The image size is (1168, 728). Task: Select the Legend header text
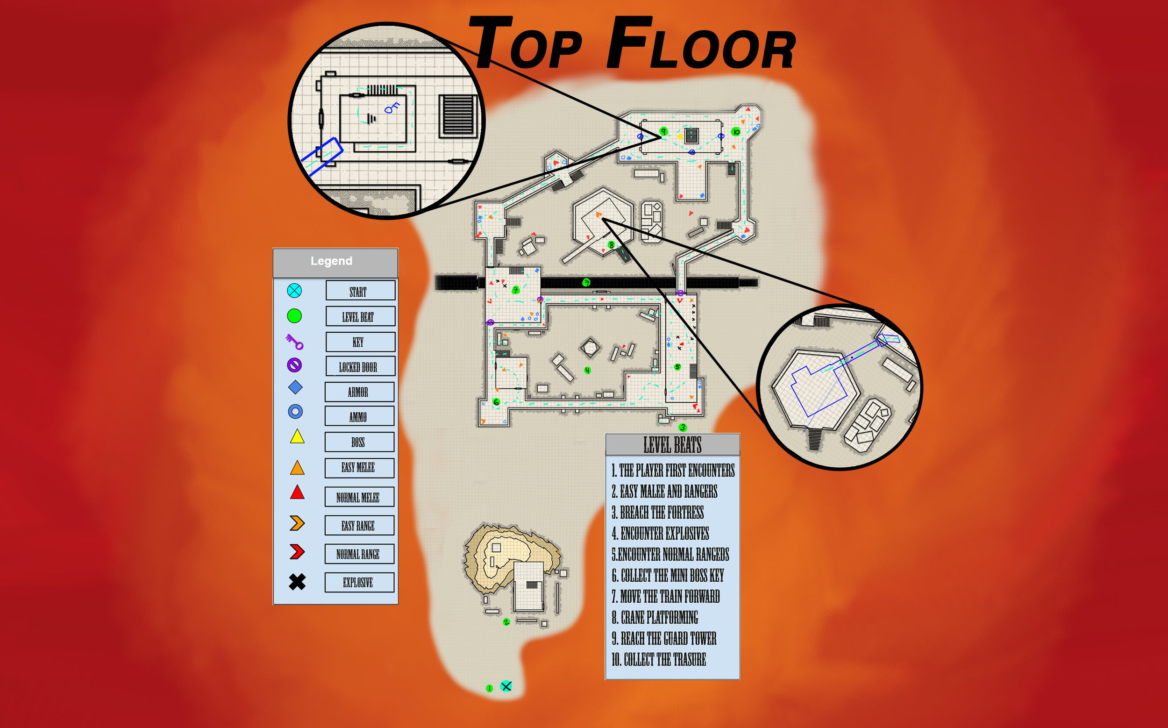tap(331, 261)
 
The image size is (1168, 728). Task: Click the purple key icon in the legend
tap(294, 342)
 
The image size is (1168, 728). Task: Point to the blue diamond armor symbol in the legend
tap(295, 387)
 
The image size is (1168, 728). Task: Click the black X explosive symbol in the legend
tap(297, 582)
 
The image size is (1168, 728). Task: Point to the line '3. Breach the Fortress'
tap(658, 513)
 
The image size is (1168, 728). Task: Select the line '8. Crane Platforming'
tap(655, 617)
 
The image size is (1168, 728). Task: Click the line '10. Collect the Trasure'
tap(659, 660)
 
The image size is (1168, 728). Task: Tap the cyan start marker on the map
tap(506, 686)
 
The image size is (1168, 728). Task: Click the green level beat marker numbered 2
tap(506, 622)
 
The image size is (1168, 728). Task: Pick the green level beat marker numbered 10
tap(736, 131)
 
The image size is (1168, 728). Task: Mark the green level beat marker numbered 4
tap(587, 370)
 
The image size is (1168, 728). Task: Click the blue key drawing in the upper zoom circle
tap(392, 108)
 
